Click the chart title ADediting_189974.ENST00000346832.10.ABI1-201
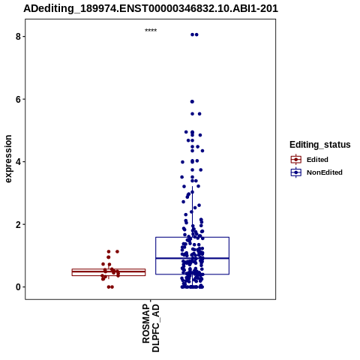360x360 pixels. pyautogui.click(x=151, y=8)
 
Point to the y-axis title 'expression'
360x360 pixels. pyautogui.click(x=8, y=159)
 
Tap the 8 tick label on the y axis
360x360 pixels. pyautogui.click(x=18, y=37)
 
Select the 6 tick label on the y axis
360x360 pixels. pyautogui.click(x=18, y=99)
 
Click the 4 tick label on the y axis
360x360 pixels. pyautogui.click(x=18, y=162)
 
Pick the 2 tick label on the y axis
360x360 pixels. pyautogui.click(x=18, y=224)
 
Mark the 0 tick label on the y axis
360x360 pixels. pyautogui.click(x=18, y=287)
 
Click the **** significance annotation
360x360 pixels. pyautogui.click(x=151, y=30)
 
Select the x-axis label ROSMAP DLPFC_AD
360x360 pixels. pyautogui.click(x=151, y=328)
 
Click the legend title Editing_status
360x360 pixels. pyautogui.click(x=320, y=145)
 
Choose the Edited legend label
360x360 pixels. pyautogui.click(x=317, y=160)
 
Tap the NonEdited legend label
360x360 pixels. pyautogui.click(x=325, y=172)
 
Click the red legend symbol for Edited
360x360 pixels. pyautogui.click(x=296, y=160)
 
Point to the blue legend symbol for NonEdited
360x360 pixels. pyautogui.click(x=296, y=172)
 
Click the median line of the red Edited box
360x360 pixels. pyautogui.click(x=109, y=271)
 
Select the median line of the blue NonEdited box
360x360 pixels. pyautogui.click(x=192, y=258)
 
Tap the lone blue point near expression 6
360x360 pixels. pyautogui.click(x=192, y=101)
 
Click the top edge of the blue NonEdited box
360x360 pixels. pyautogui.click(x=192, y=237)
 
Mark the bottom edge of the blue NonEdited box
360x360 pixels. pyautogui.click(x=192, y=274)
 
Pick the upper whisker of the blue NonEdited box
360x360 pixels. pyautogui.click(x=192, y=211)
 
